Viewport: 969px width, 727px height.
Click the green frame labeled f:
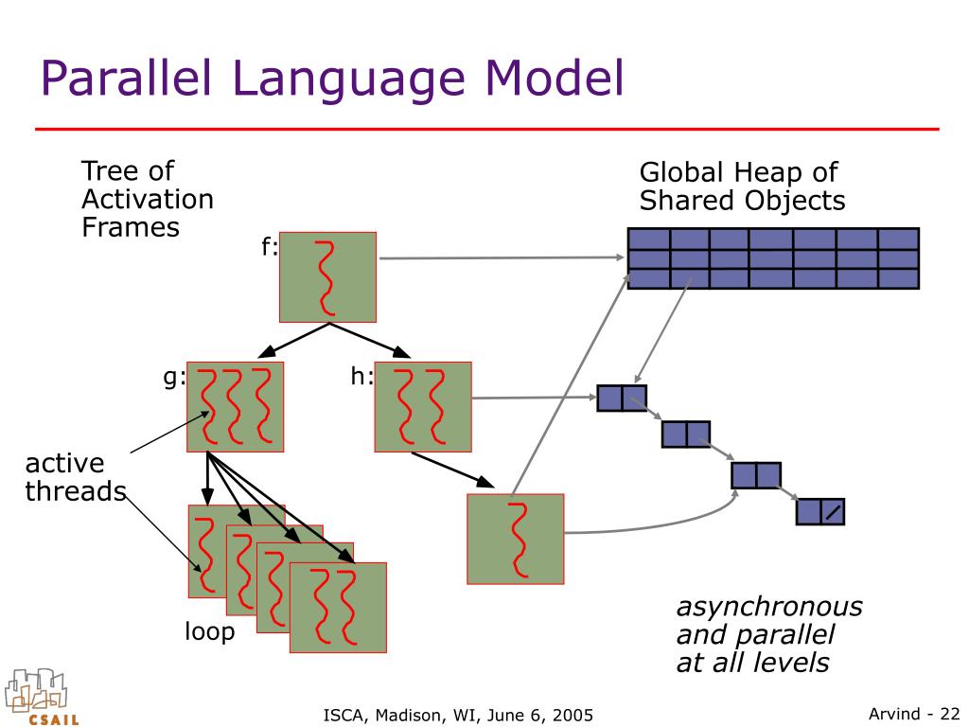point(328,277)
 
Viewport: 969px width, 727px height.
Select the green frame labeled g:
point(236,407)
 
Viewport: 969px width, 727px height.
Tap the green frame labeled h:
point(423,407)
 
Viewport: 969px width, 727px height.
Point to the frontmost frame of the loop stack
point(338,608)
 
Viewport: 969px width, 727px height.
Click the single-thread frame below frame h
point(516,539)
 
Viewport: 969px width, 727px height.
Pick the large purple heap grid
point(773,258)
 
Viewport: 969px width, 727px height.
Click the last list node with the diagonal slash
point(820,512)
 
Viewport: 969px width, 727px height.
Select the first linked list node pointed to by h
point(622,399)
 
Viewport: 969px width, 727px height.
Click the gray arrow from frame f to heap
point(502,257)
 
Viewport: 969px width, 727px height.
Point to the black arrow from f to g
point(293,341)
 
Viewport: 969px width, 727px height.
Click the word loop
point(210,631)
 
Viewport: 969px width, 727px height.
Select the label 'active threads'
point(76,477)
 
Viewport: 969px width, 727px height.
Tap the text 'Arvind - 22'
point(914,714)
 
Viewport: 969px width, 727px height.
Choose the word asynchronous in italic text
point(769,607)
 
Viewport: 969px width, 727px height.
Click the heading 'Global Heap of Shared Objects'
point(742,186)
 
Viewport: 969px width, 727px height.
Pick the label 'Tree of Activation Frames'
point(147,199)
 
